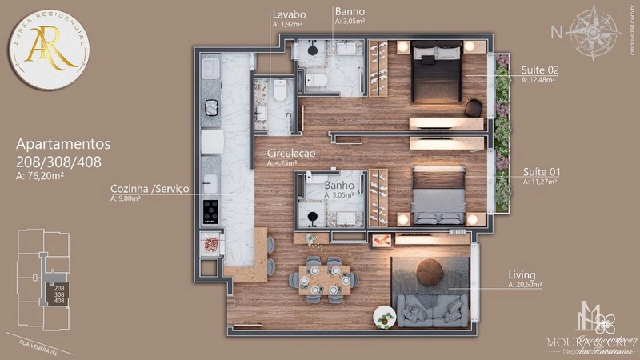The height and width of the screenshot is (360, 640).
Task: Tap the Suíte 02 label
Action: pyautogui.click(x=540, y=70)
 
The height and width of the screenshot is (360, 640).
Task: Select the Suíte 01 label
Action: pyautogui.click(x=541, y=172)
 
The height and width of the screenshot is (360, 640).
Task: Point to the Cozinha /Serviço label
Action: pyautogui.click(x=150, y=189)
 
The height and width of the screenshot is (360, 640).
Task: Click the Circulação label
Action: pyautogui.click(x=291, y=153)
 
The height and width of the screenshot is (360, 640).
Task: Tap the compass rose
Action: pyautogui.click(x=595, y=31)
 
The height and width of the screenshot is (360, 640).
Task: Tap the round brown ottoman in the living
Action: pyautogui.click(x=436, y=272)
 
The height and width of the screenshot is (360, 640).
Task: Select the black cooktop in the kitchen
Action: pyautogui.click(x=210, y=210)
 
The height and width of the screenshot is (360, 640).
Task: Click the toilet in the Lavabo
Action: pyautogui.click(x=279, y=92)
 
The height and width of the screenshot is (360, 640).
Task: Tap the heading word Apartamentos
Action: pyautogui.click(x=63, y=145)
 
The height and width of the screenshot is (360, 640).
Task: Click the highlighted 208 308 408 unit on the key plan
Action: pyautogui.click(x=59, y=293)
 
